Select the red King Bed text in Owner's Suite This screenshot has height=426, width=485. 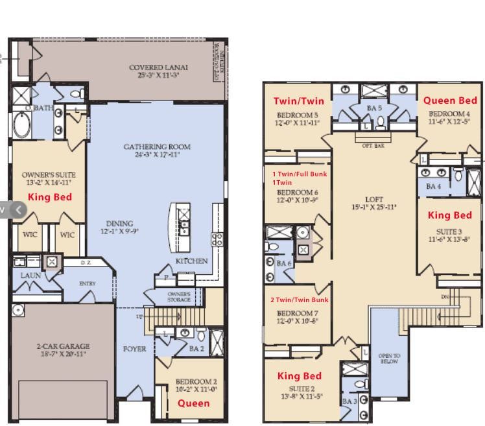point(49,196)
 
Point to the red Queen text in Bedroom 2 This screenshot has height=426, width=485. point(194,403)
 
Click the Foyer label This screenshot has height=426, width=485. point(135,349)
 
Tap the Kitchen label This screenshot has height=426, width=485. point(192,261)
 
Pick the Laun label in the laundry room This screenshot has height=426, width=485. point(30,276)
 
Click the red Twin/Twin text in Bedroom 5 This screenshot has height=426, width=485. point(299,101)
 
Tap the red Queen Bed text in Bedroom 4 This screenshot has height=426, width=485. point(450,100)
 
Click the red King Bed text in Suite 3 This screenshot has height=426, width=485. point(450,215)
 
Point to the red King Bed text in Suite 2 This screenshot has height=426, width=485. point(300,375)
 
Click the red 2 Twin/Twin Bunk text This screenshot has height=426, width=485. point(299,300)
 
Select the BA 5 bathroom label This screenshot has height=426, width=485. point(375,108)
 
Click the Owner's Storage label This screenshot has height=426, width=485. point(179,296)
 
